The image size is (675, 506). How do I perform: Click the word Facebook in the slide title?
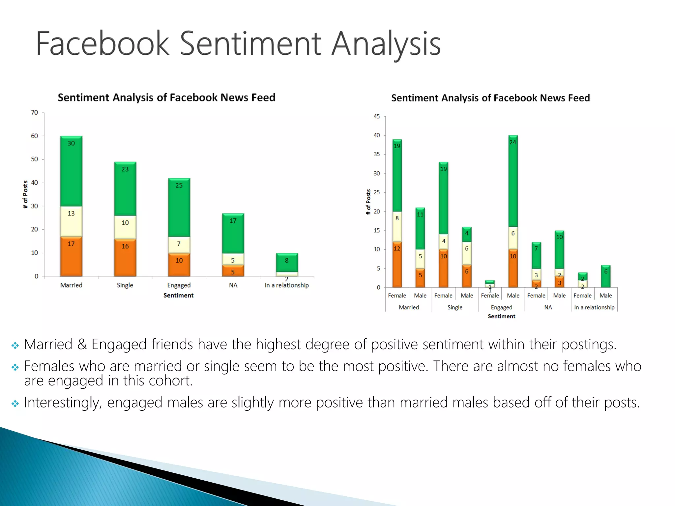[102, 43]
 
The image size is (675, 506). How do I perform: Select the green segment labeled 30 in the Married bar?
[71, 171]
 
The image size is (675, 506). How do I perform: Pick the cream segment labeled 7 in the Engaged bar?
[179, 245]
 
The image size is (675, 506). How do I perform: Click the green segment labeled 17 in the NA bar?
[233, 233]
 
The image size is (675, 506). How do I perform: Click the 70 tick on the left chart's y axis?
[35, 113]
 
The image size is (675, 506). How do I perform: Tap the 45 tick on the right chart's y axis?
[376, 117]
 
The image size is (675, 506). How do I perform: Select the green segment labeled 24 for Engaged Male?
[513, 181]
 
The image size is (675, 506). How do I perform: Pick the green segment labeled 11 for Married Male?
[420, 228]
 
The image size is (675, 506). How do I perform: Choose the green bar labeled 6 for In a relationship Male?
[605, 276]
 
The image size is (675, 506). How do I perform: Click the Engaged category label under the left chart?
[179, 285]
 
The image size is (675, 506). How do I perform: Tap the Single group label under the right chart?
[455, 307]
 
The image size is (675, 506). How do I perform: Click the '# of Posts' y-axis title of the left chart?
[25, 194]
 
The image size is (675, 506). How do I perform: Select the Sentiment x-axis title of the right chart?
[501, 316]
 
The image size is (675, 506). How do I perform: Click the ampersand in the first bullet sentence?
[82, 345]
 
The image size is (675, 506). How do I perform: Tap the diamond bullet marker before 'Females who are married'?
[15, 367]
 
